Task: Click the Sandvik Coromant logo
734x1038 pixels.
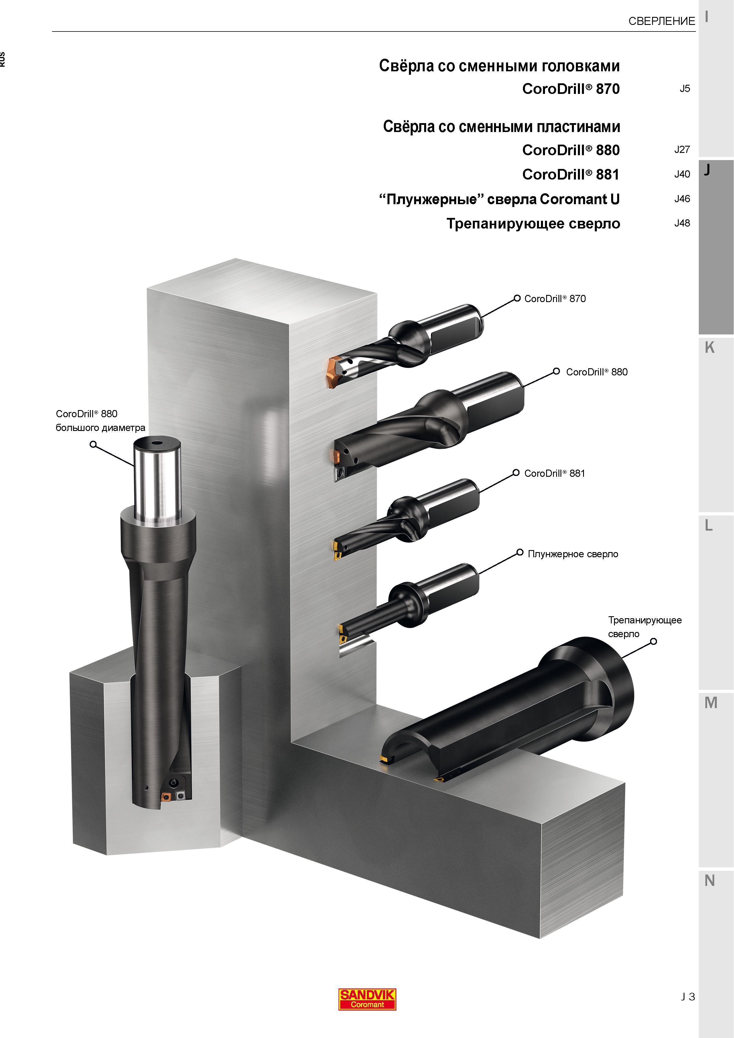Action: [x=367, y=999]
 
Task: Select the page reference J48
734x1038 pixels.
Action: [x=682, y=223]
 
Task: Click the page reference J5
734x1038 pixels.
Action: [x=685, y=88]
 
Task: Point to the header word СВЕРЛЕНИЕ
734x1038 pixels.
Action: [x=662, y=21]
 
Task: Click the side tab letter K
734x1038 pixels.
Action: [x=709, y=347]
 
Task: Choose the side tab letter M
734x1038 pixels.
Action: [x=711, y=703]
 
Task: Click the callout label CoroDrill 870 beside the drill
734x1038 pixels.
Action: [x=555, y=299]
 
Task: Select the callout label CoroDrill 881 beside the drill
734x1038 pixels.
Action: [x=554, y=473]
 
